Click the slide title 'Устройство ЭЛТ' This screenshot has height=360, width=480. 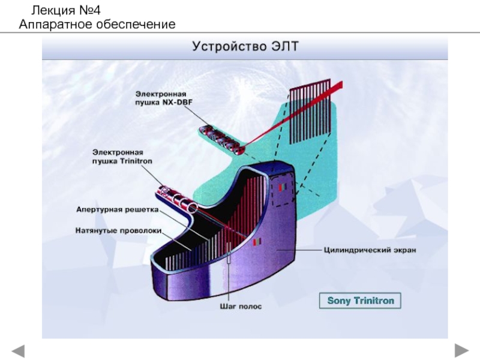coord(244,46)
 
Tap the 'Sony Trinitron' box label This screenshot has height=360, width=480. coord(360,300)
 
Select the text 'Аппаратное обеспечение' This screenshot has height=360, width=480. coord(97,25)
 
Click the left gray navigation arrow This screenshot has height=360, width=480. coord(19,349)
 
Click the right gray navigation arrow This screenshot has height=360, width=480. coord(461,349)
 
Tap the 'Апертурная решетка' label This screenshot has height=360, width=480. coord(116,209)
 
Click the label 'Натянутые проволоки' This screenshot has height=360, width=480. coord(119,229)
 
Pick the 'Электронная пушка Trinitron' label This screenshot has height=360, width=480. coord(122,157)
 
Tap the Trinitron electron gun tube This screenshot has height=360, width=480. coord(177,199)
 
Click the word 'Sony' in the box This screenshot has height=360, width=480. coord(338,300)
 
